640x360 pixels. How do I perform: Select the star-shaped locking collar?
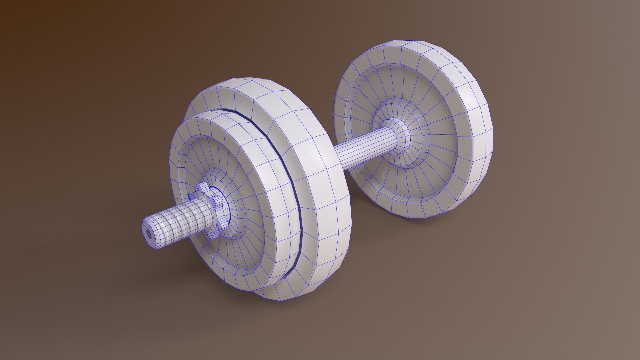click(209, 210)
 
